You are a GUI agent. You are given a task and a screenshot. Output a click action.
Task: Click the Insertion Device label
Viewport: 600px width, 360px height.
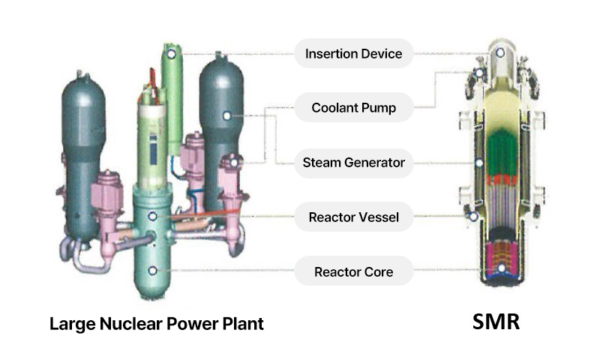[x=353, y=54]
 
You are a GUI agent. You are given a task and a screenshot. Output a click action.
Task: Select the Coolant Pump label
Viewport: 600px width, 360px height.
[x=353, y=109]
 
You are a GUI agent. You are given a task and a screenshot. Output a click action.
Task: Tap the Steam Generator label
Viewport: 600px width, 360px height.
[x=353, y=163]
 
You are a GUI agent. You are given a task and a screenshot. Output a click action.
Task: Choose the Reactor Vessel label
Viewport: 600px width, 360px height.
[x=353, y=218]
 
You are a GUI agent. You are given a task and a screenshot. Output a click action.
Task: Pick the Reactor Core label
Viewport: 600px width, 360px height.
[x=353, y=271]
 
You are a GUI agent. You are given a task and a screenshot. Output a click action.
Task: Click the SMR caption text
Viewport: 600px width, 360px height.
[x=495, y=323]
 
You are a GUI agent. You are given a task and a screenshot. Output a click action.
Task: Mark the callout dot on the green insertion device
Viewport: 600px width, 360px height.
[x=172, y=54]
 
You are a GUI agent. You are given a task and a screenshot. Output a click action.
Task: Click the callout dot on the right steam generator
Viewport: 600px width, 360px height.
[x=226, y=115]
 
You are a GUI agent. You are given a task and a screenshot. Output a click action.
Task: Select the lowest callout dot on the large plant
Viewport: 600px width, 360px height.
[x=153, y=270]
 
